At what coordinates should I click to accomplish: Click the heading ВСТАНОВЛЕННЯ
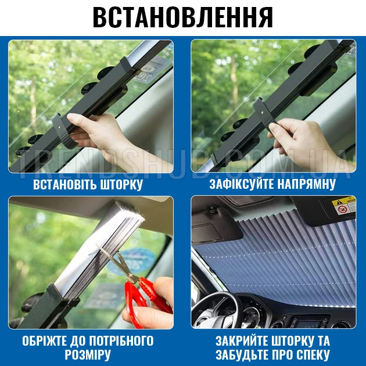pyautogui.click(x=183, y=17)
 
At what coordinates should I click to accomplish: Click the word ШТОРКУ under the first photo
pyautogui.click(x=121, y=184)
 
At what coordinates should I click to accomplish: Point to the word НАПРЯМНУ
pyautogui.click(x=306, y=184)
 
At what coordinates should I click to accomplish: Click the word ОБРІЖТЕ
pyautogui.click(x=44, y=341)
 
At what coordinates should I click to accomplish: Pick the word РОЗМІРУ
pyautogui.click(x=88, y=355)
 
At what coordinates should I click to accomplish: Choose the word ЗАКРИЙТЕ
pyautogui.click(x=242, y=341)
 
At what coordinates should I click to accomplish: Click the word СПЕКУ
pyautogui.click(x=313, y=355)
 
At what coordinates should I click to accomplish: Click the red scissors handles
pyautogui.click(x=142, y=299)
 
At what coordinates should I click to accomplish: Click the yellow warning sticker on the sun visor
pyautogui.click(x=344, y=206)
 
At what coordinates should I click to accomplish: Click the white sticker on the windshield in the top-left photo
pyautogui.click(x=151, y=69)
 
